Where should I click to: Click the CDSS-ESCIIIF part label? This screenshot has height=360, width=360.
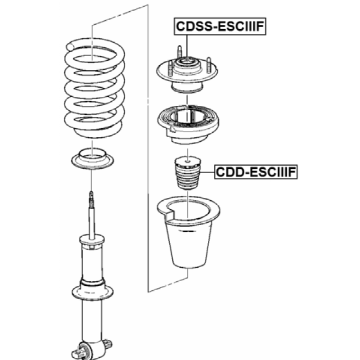pos(220,26)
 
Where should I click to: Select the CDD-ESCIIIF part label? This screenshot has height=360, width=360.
pos(256,172)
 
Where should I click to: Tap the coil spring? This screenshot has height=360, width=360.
pos(94,88)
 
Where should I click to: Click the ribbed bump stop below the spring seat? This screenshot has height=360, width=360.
pos(188,173)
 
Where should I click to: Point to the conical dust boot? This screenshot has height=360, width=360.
pos(188,232)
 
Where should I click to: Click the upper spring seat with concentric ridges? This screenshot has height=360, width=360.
pos(188,124)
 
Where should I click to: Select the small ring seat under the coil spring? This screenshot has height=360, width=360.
pos(92,159)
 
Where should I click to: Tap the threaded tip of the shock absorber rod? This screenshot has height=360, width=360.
pos(91,199)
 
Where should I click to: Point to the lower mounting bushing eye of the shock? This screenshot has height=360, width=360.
pos(85,351)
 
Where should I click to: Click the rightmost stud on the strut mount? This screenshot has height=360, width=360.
pos(209,65)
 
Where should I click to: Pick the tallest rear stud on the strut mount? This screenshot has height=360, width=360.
pos(180,52)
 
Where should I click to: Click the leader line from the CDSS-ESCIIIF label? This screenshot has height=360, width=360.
pos(187,47)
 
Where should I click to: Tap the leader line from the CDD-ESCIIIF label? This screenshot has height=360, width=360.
pos(207,172)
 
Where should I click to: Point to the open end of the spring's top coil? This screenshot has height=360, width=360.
pos(70,47)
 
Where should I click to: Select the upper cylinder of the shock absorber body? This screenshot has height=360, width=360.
pos(92,264)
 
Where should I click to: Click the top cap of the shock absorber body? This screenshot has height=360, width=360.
pos(92,240)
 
